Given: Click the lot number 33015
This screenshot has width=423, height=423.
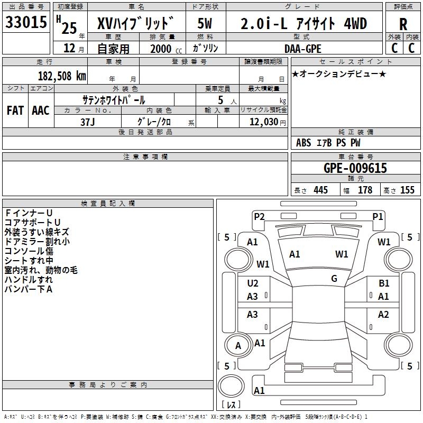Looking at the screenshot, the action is pyautogui.click(x=26, y=22).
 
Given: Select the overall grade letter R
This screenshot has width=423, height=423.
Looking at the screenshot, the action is pyautogui.click(x=403, y=24).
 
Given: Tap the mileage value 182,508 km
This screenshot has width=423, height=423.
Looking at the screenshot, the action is pyautogui.click(x=62, y=76).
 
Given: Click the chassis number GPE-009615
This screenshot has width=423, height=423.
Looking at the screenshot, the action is pyautogui.click(x=355, y=168).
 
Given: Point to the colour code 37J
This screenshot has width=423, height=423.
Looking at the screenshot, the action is pyautogui.click(x=88, y=122).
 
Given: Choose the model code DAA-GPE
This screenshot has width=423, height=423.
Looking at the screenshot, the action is pyautogui.click(x=302, y=49).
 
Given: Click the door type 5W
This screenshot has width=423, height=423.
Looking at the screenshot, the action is pyautogui.click(x=205, y=23).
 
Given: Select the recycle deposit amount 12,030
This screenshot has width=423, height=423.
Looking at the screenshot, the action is pyautogui.click(x=263, y=122).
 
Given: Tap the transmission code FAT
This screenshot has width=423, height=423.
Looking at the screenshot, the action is pyautogui.click(x=15, y=111).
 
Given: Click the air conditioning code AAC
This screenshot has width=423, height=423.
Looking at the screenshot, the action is pyautogui.click(x=41, y=111).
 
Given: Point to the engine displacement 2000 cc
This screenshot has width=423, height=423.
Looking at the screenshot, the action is pyautogui.click(x=166, y=49).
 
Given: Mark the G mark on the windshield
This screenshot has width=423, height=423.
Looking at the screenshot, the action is pyautogui.click(x=334, y=278).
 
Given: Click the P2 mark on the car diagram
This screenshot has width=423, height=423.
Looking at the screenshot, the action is pyautogui.click(x=259, y=216).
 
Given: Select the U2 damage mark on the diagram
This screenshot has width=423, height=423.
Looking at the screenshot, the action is pyautogui.click(x=253, y=283).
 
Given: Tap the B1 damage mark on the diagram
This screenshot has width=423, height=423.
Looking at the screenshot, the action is pyautogui.click(x=384, y=283).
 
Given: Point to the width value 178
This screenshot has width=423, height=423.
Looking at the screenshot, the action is pyautogui.click(x=365, y=190).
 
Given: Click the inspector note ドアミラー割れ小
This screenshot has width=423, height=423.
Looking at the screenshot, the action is pyautogui.click(x=37, y=242).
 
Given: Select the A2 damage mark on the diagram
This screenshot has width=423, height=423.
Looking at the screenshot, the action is pyautogui.click(x=383, y=314).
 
